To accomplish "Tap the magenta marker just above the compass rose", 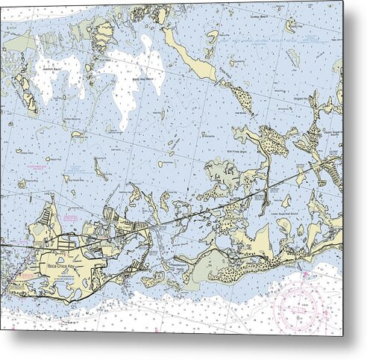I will tap(304, 275).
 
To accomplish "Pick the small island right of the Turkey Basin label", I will tap(290, 25).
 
